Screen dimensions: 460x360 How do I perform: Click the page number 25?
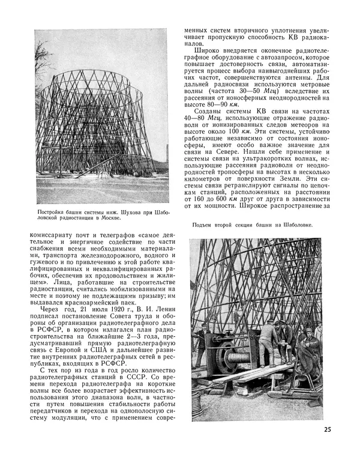coord(326,429)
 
